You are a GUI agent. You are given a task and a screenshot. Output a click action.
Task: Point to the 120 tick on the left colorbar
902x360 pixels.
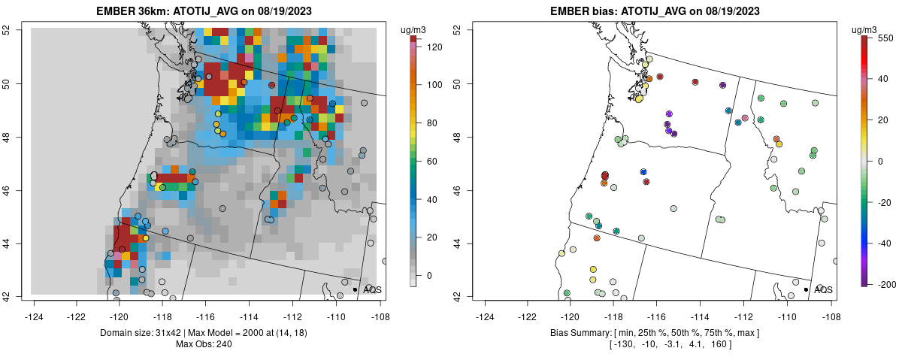[433, 47]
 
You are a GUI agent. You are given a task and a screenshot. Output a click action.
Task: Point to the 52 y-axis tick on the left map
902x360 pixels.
[16, 30]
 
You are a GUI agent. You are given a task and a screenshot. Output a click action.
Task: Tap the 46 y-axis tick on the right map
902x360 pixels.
[467, 190]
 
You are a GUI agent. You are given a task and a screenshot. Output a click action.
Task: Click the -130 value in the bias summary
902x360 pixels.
[599, 344]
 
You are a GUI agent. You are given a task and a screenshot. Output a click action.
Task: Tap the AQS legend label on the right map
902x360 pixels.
[823, 289]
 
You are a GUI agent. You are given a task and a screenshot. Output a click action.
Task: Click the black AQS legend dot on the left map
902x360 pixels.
[355, 289]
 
